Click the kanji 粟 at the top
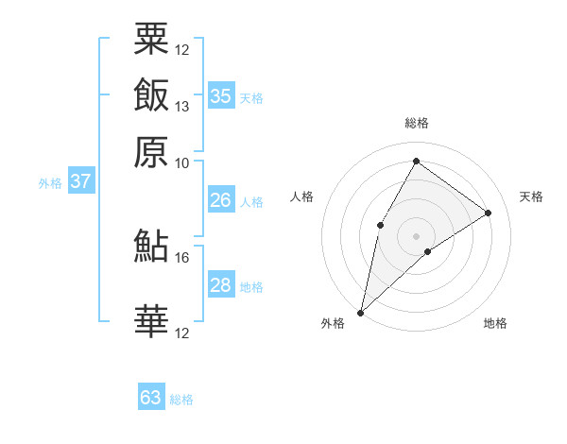click(x=151, y=39)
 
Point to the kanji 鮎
click(x=151, y=246)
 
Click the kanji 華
click(x=151, y=321)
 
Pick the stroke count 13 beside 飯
click(x=181, y=106)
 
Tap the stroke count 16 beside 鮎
click(x=181, y=257)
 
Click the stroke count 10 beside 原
click(x=181, y=162)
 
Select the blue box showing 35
click(x=221, y=95)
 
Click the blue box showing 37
click(x=81, y=181)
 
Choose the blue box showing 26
click(x=220, y=200)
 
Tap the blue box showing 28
click(x=220, y=285)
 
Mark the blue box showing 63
click(x=151, y=398)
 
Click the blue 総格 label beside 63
click(x=181, y=400)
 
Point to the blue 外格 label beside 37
click(x=50, y=183)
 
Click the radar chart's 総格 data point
click(x=416, y=161)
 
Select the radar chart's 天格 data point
click(x=489, y=213)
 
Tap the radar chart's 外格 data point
click(x=360, y=312)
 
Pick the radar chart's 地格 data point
click(x=428, y=251)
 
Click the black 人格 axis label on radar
click(x=302, y=196)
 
